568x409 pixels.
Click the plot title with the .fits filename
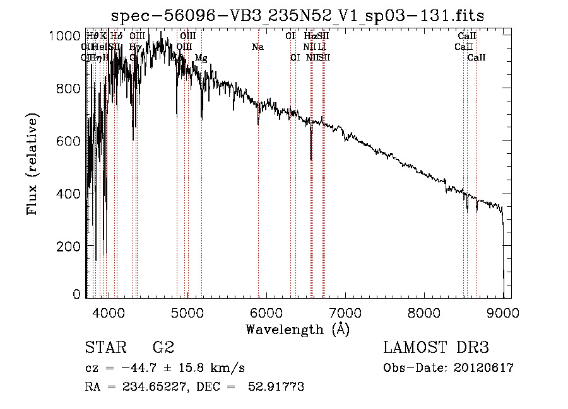[297, 16]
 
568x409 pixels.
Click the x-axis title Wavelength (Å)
[297, 329]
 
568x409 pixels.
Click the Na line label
[257, 47]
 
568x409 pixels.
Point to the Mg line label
[201, 58]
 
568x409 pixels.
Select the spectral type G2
[163, 347]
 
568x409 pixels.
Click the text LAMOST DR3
[436, 347]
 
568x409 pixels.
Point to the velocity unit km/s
[228, 368]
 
